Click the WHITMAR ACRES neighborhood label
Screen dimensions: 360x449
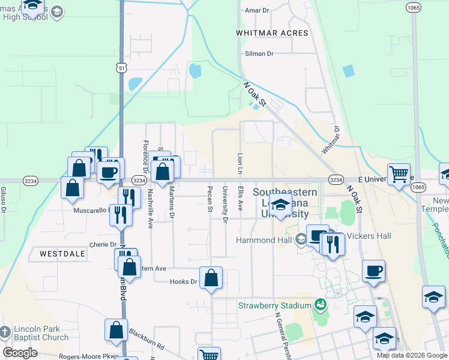click(272, 33)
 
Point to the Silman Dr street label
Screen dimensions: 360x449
click(259, 54)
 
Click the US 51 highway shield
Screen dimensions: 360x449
click(122, 68)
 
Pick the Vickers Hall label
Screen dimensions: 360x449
click(368, 236)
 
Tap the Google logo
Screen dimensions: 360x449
click(20, 353)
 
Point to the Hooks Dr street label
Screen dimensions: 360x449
click(183, 281)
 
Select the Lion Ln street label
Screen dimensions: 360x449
click(240, 164)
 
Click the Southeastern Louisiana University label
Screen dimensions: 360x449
click(281, 203)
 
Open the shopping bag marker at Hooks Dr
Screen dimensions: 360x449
click(211, 278)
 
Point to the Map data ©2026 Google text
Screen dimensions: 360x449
click(412, 355)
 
